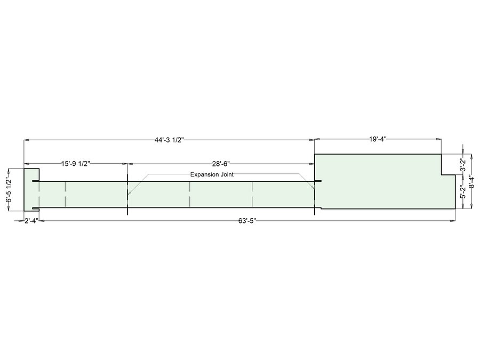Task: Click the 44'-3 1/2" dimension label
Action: point(169,140)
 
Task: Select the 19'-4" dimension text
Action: point(378,139)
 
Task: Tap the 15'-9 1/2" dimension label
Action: point(75,164)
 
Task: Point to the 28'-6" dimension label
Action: point(221,164)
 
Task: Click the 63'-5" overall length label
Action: point(247,221)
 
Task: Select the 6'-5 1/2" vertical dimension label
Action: point(9,190)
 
